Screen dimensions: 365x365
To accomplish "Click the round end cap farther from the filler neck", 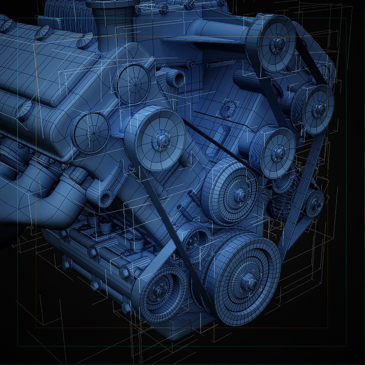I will coord(91,132).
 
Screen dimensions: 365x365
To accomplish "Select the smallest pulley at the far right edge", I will coord(315,203).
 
